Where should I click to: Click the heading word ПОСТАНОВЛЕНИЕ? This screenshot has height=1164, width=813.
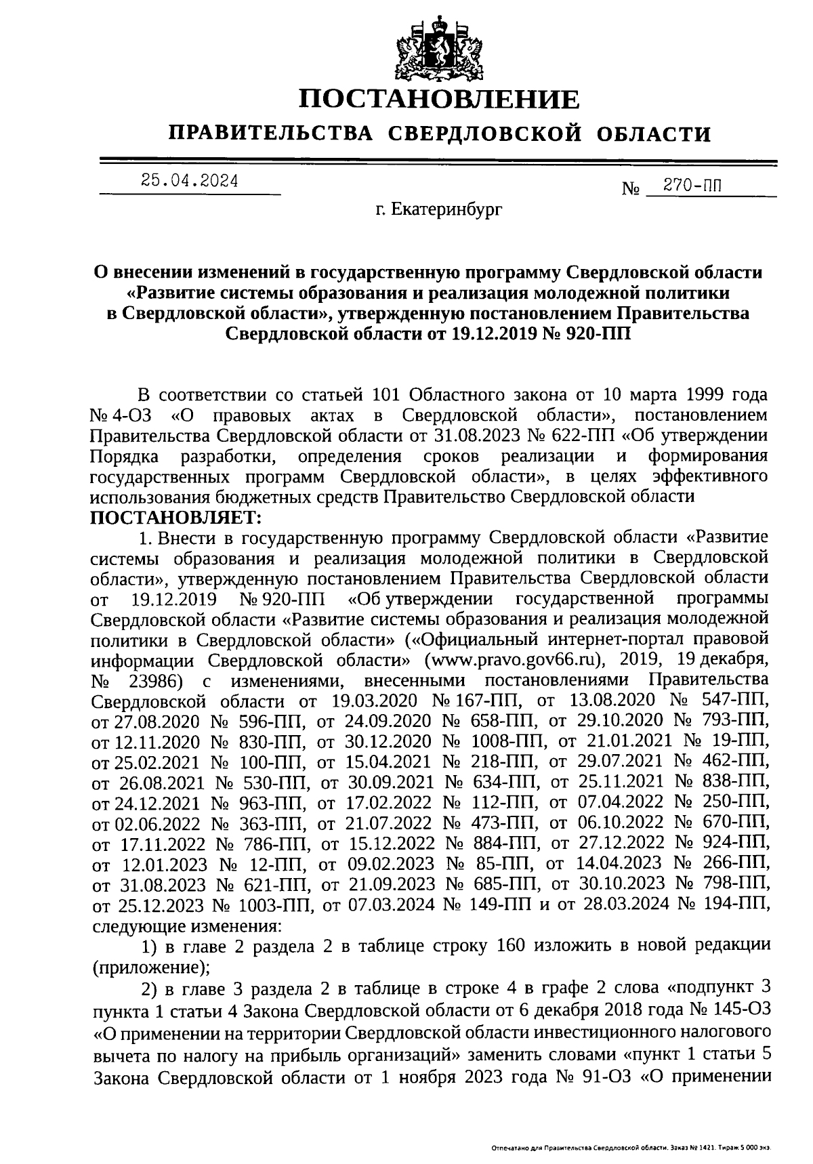(x=440, y=100)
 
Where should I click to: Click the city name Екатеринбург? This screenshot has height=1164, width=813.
(x=440, y=211)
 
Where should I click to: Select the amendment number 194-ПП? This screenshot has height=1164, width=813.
(x=736, y=905)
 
